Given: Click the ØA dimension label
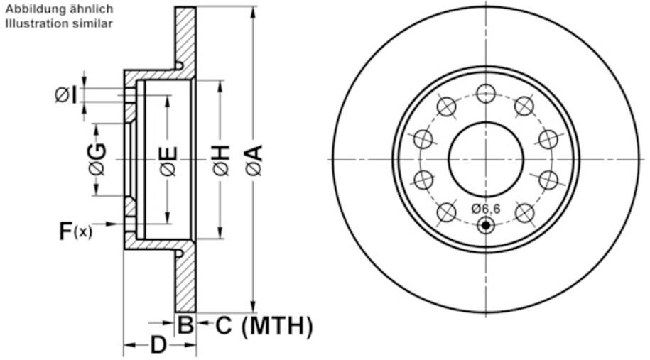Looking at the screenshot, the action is pyautogui.click(x=254, y=160).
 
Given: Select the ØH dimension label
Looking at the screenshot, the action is pyautogui.click(x=221, y=160).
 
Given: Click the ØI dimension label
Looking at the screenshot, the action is pyautogui.click(x=66, y=95).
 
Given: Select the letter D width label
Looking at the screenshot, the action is pyautogui.click(x=158, y=345).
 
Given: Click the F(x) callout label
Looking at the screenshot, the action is pyautogui.click(x=75, y=231).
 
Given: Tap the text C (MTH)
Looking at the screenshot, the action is pyautogui.click(x=264, y=325).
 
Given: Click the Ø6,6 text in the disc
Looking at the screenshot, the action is pyautogui.click(x=485, y=209).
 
